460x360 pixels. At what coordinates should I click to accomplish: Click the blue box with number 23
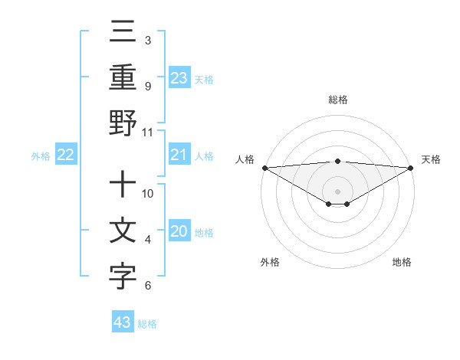(179, 77)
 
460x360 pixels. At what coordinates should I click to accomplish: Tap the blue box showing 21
(179, 155)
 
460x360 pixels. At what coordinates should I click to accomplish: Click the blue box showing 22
(66, 155)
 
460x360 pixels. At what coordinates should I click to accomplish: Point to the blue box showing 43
(123, 322)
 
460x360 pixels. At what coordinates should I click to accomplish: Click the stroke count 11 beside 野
(148, 132)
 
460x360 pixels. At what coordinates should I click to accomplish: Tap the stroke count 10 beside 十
(148, 193)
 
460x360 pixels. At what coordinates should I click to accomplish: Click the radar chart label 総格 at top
(338, 100)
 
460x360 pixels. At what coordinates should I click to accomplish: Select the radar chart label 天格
(431, 159)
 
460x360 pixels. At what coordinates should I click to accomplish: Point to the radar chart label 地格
(402, 262)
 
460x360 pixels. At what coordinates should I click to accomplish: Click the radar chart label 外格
(270, 262)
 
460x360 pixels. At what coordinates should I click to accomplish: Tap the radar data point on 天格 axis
(412, 168)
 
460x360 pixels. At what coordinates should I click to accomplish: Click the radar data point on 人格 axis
(264, 168)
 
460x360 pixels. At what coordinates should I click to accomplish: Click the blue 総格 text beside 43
(148, 324)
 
